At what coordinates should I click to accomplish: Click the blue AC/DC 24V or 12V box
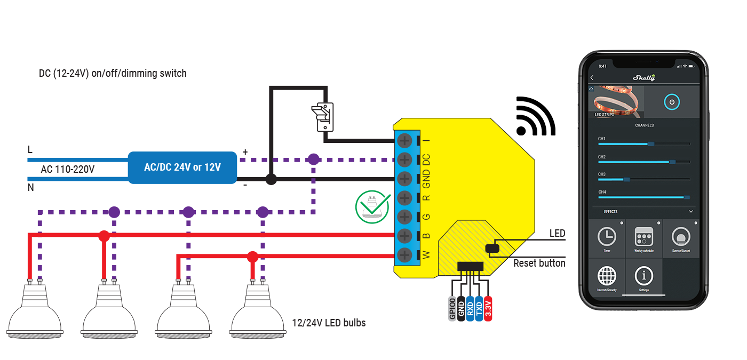pyautogui.click(x=182, y=167)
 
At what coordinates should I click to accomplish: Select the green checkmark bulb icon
pyautogui.click(x=372, y=207)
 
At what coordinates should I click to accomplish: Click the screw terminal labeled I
pyautogui.click(x=404, y=141)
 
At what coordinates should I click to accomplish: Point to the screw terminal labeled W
pyautogui.click(x=404, y=255)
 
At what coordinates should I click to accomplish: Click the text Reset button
pyautogui.click(x=539, y=263)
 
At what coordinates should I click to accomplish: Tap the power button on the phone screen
pyautogui.click(x=671, y=102)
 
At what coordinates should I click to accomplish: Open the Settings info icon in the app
pyautogui.click(x=643, y=276)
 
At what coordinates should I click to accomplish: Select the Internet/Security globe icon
pyautogui.click(x=607, y=276)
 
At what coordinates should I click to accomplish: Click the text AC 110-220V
pyautogui.click(x=68, y=170)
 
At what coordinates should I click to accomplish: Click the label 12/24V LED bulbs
pyautogui.click(x=329, y=323)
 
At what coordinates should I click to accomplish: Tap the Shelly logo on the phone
pyautogui.click(x=644, y=78)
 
